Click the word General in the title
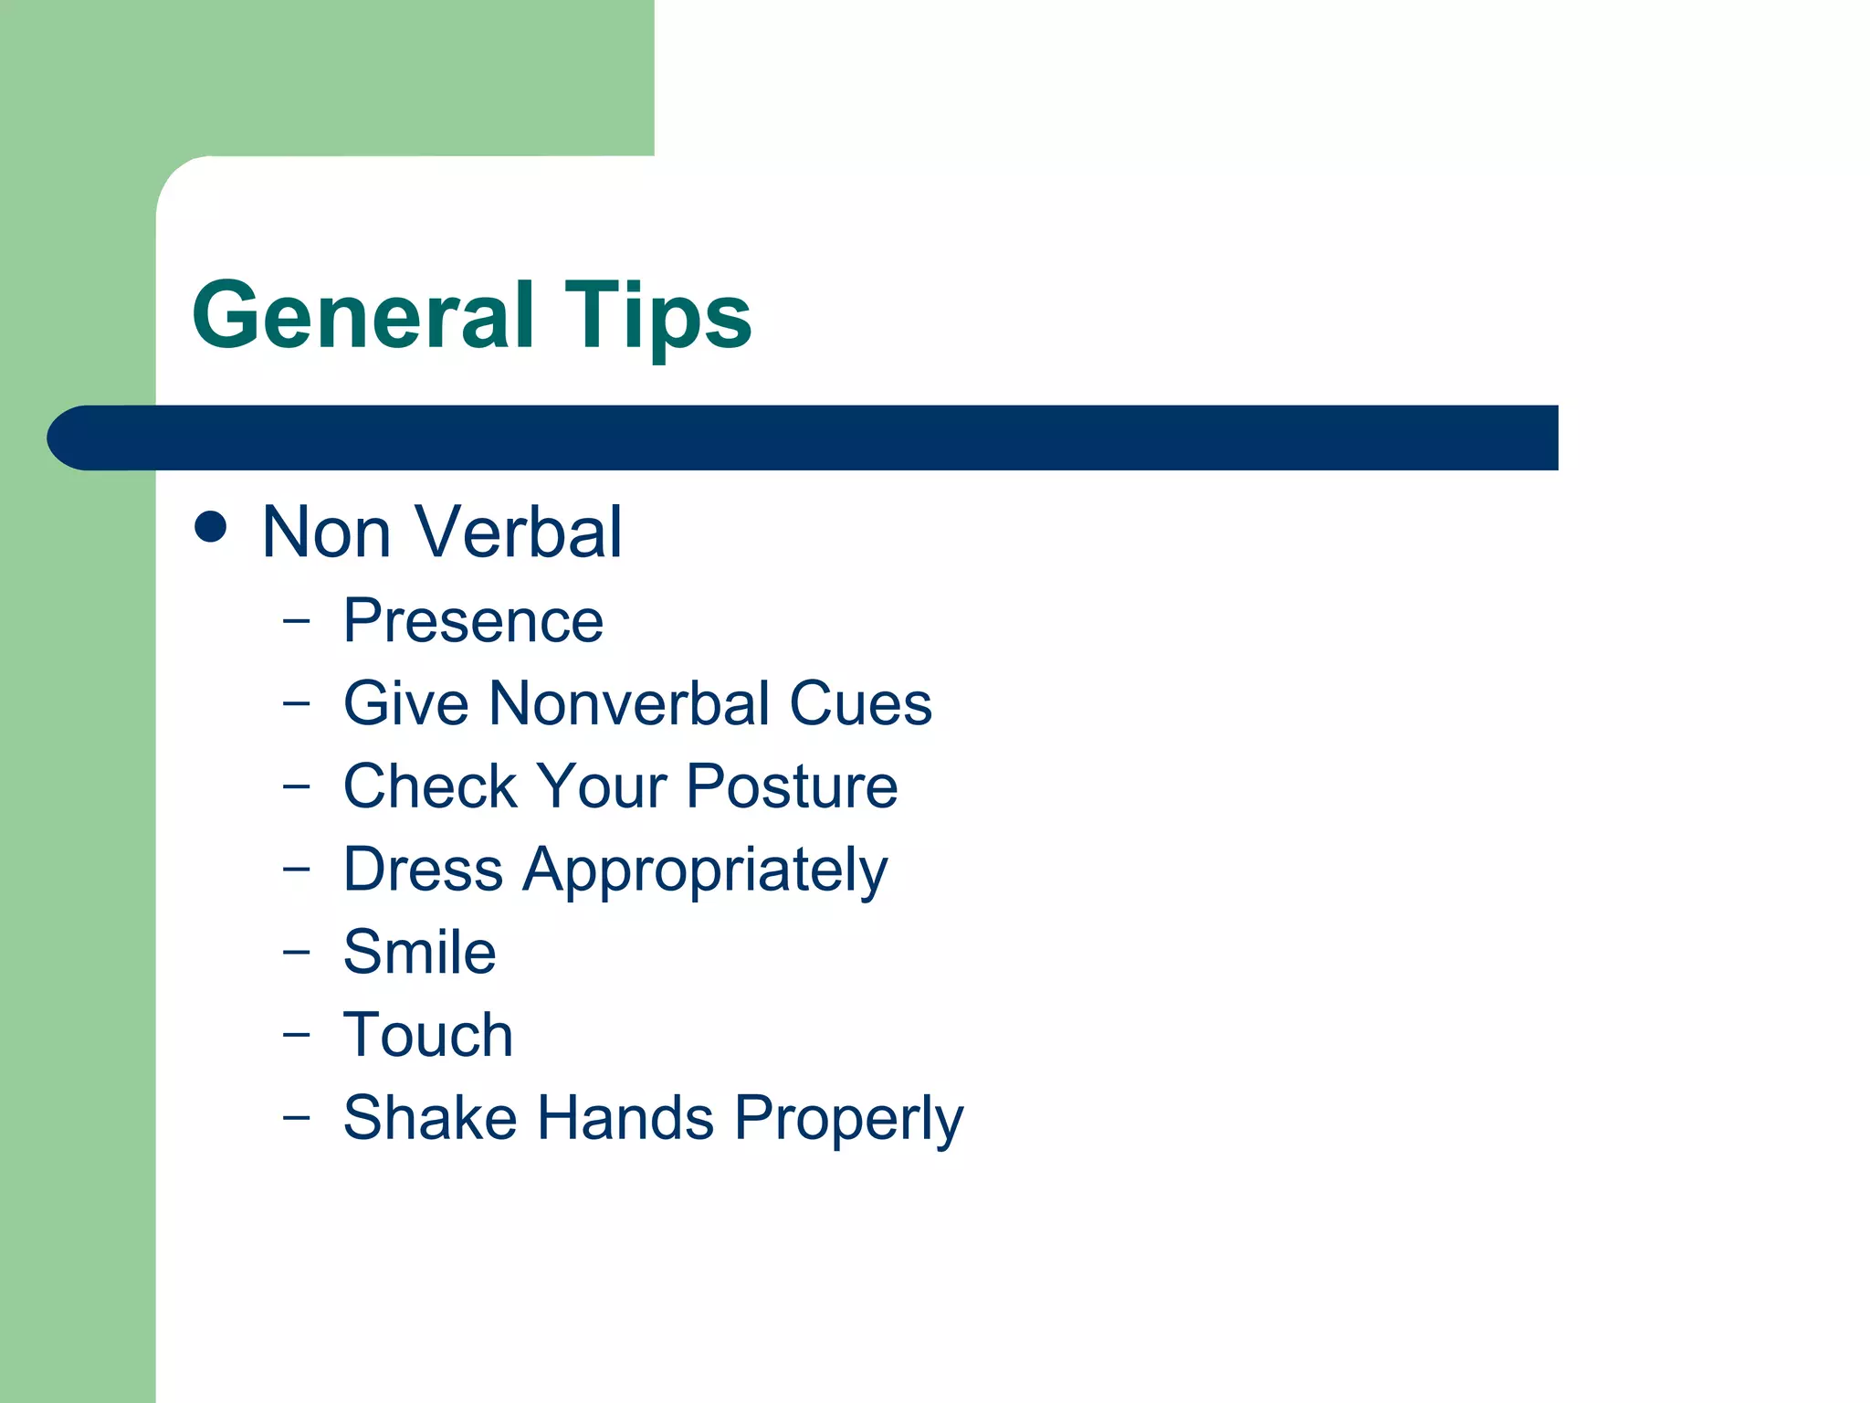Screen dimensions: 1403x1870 [x=362, y=315]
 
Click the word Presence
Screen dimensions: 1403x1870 [x=473, y=621]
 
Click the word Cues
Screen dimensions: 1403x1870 [x=860, y=703]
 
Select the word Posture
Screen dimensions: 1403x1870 [x=792, y=786]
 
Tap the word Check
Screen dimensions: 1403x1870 [x=429, y=786]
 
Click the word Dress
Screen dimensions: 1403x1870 [x=423, y=869]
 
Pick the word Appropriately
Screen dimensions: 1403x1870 [x=705, y=870]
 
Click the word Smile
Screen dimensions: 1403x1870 [x=419, y=952]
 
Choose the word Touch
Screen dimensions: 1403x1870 [x=427, y=1035]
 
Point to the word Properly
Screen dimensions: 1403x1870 [x=848, y=1119]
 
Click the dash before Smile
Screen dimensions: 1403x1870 [x=296, y=952]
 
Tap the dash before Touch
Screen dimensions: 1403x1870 [x=296, y=1035]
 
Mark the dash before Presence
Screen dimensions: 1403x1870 [x=296, y=621]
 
